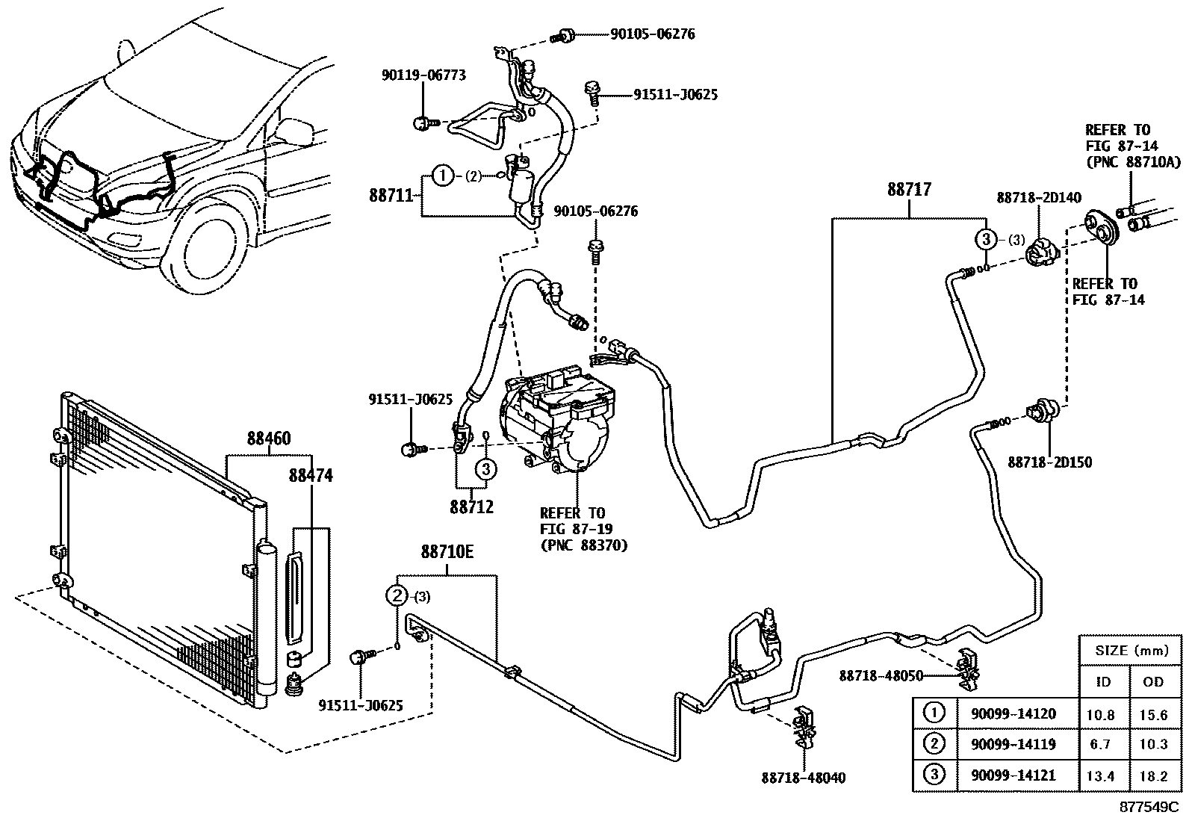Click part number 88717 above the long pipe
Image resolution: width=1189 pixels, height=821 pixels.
tap(909, 190)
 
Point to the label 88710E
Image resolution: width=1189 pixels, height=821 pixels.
tap(447, 552)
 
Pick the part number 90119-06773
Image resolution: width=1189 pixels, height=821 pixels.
tap(423, 75)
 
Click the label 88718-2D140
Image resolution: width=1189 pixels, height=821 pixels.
tap(1039, 197)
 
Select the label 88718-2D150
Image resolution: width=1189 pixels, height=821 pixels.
tap(1049, 462)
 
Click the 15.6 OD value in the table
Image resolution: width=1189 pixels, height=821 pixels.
tap(1154, 714)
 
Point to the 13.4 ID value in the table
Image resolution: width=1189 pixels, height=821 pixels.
tap(1100, 775)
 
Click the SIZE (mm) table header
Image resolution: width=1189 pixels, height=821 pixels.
tap(1131, 651)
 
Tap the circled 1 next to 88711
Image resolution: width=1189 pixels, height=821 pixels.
tap(443, 176)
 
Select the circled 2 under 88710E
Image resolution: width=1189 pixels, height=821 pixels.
tap(397, 595)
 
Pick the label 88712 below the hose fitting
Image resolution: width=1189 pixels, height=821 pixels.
tap(471, 507)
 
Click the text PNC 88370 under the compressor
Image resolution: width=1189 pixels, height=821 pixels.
tap(583, 545)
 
